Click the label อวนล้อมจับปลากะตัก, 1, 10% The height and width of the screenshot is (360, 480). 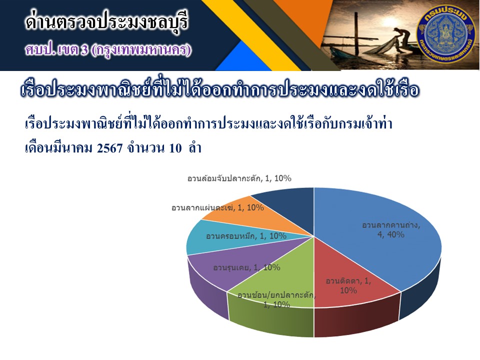[x=239, y=178]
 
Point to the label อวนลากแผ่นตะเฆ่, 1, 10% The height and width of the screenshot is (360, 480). [x=217, y=207]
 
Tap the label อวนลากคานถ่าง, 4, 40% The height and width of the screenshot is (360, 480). [x=391, y=230]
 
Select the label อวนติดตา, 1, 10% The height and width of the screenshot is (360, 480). [x=348, y=285]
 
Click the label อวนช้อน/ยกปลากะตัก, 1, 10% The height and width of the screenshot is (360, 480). [x=276, y=299]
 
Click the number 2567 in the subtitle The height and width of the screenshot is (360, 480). [x=109, y=148]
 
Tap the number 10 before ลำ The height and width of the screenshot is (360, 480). [x=175, y=148]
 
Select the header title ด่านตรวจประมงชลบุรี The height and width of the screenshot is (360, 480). [x=106, y=21]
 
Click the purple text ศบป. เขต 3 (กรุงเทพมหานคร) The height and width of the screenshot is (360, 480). [x=108, y=50]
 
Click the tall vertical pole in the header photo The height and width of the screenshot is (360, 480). [x=356, y=33]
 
